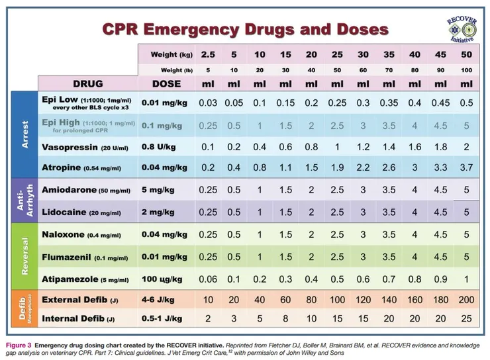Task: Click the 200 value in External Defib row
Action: (x=466, y=299)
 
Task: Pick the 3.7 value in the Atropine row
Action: (x=466, y=168)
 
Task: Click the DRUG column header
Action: (x=87, y=84)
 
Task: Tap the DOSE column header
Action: (x=166, y=84)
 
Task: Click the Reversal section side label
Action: (x=24, y=255)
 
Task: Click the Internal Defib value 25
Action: (x=466, y=319)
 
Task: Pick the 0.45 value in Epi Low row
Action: (x=440, y=103)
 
